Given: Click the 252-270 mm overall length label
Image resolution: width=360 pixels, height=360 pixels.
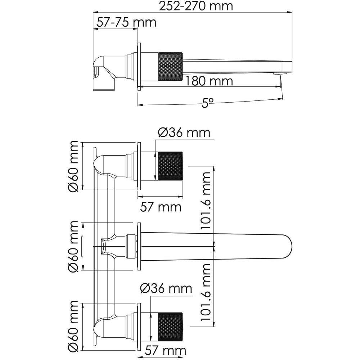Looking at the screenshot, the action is tap(195, 6).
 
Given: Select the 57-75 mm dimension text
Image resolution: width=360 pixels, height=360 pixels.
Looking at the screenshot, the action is tap(126, 22).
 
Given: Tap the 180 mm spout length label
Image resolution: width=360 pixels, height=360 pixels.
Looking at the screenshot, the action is tap(209, 81).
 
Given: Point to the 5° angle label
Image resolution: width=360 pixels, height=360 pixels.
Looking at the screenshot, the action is tap(208, 103).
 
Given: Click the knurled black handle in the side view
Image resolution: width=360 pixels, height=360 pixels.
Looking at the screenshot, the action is tap(170, 67).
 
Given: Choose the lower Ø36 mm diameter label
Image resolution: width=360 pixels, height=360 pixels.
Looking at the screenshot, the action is tap(166, 288).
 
